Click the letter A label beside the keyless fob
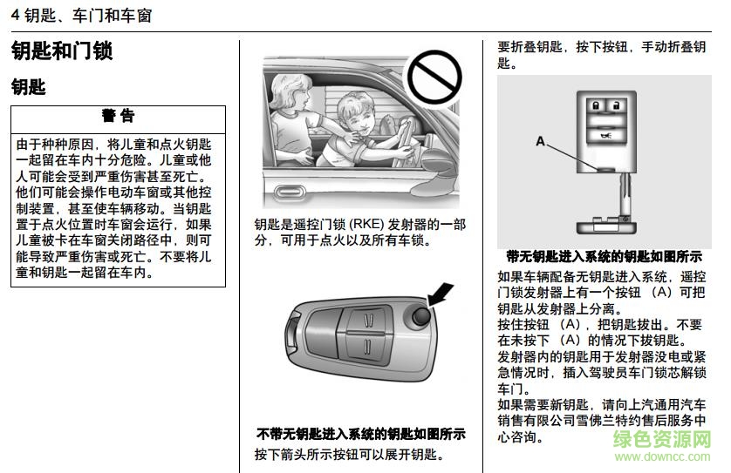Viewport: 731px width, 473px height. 540,140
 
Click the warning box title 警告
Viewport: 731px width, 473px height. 118,116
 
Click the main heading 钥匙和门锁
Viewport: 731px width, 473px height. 62,51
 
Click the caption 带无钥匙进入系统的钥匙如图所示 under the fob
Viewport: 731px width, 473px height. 604,257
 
